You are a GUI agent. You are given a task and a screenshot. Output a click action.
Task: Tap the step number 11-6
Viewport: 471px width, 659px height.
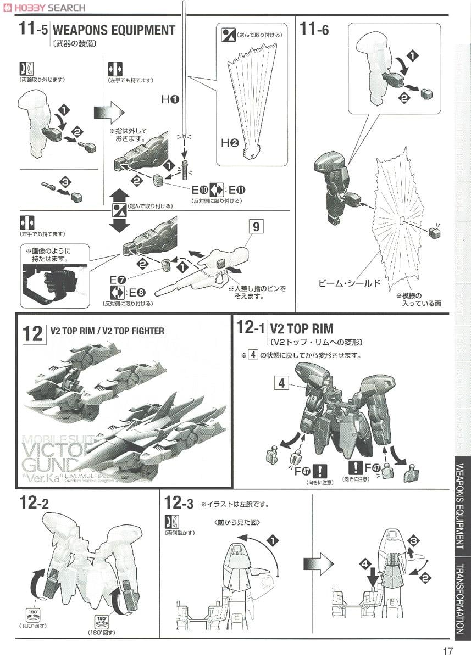point(314,30)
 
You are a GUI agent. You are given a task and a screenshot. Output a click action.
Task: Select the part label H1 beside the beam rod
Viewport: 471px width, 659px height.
point(170,99)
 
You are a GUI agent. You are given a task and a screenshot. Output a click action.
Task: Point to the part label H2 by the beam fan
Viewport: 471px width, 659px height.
point(230,143)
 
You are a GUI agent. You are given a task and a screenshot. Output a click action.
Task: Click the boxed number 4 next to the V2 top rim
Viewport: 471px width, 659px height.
point(281,383)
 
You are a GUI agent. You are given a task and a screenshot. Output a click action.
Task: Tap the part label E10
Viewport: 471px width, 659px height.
point(201,191)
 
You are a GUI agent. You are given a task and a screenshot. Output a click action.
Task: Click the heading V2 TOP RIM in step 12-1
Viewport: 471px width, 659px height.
point(302,329)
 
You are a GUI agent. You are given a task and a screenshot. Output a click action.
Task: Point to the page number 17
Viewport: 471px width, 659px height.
point(447,651)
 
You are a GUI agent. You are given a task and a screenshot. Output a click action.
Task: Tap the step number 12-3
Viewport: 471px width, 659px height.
point(179,502)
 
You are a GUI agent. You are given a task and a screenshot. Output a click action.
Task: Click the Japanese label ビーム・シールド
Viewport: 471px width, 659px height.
point(350,283)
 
